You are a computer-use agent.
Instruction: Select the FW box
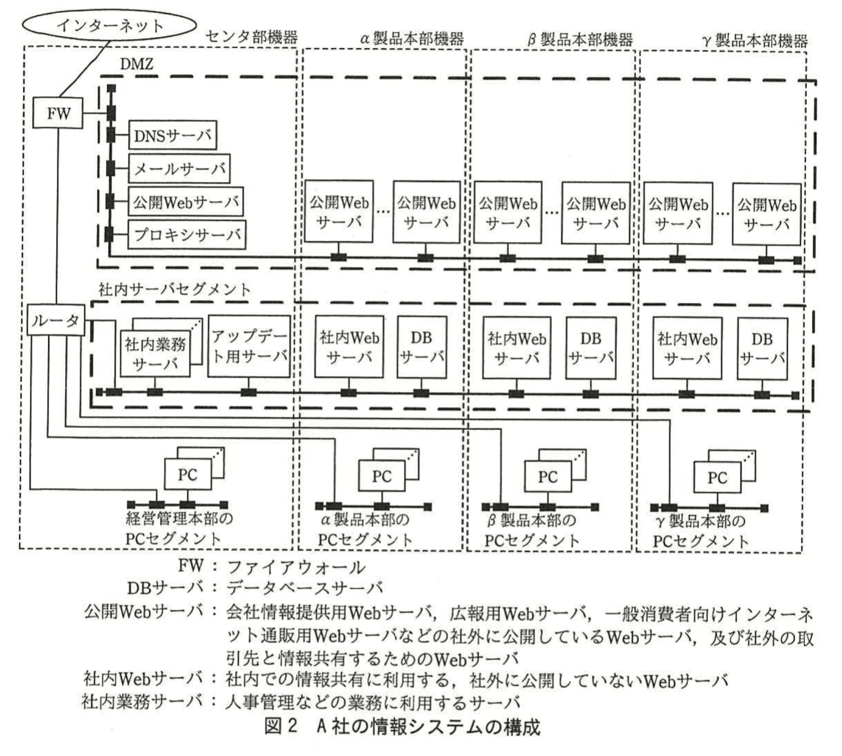pos(58,113)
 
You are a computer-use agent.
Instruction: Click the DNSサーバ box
pos(172,135)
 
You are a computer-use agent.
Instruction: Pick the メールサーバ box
pos(179,168)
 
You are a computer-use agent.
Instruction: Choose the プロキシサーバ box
pos(187,234)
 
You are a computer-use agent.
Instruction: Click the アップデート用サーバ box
pos(249,346)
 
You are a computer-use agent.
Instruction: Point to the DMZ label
pos(136,64)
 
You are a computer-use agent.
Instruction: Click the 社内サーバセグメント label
pos(174,289)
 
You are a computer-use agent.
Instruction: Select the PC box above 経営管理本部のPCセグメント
pos(187,474)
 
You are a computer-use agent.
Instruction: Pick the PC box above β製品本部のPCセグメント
pos(547,477)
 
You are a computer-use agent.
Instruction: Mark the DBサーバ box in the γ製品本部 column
pos(762,348)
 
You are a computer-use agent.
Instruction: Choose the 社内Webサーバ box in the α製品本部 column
pos(349,347)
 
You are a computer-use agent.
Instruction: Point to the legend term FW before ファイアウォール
pos(191,566)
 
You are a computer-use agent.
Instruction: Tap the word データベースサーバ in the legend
pos(304,588)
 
